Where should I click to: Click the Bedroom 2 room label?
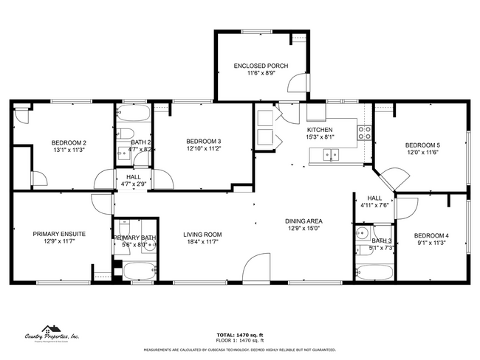[x=69, y=142]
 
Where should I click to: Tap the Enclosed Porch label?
[x=261, y=66]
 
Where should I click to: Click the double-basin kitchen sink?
[x=331, y=154]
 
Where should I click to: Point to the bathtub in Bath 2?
[x=133, y=114]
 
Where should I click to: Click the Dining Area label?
[x=304, y=221]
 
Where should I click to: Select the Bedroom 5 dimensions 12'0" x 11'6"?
[x=422, y=152]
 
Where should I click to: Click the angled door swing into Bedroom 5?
[x=391, y=178]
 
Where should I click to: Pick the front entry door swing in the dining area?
[x=257, y=267]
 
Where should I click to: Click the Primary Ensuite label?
[x=59, y=234]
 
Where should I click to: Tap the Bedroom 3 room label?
[x=203, y=142]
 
